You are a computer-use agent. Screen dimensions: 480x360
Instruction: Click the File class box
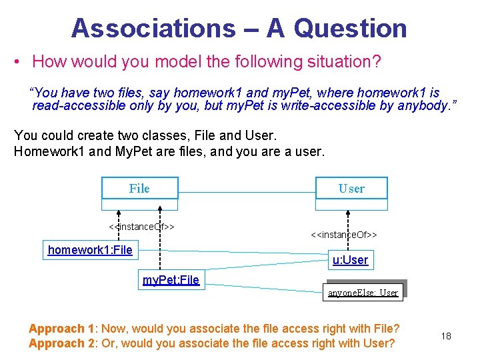(139, 188)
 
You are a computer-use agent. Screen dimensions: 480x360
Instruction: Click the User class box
(351, 189)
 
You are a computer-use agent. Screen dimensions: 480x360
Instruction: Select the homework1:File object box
(90, 251)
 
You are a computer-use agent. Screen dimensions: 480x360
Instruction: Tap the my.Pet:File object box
(171, 280)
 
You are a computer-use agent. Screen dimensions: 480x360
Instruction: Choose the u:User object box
(350, 260)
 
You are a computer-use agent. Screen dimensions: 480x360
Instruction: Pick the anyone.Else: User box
(363, 292)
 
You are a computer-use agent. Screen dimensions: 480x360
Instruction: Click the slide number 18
(446, 336)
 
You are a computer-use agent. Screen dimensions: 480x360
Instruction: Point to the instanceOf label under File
(141, 227)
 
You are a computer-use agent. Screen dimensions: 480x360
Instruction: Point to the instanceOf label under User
(344, 235)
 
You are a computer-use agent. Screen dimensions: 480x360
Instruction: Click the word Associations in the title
(153, 28)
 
